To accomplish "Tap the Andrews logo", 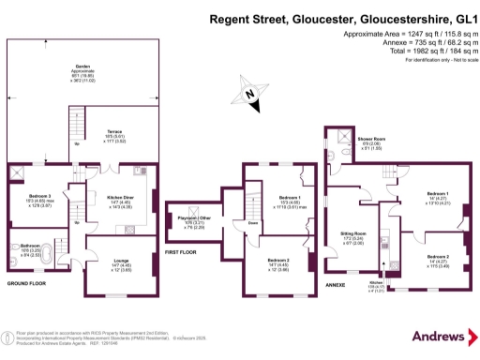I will coord(440,335).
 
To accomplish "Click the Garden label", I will coord(83,67).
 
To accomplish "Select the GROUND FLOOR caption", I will coord(27,282).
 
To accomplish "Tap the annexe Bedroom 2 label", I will coord(439,255).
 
